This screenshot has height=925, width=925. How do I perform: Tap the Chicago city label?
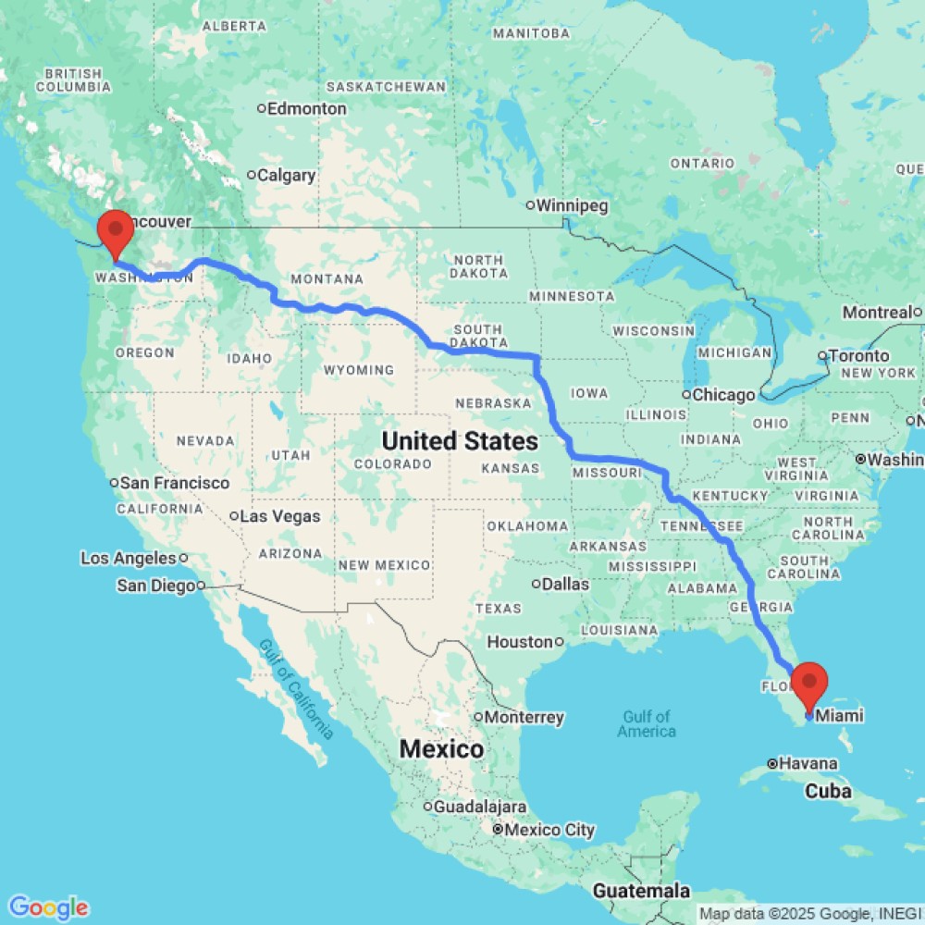tap(724, 395)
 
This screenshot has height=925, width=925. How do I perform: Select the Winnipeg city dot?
tap(531, 205)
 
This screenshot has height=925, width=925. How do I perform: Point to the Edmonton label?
tap(308, 108)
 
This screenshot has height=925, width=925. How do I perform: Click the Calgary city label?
tap(287, 175)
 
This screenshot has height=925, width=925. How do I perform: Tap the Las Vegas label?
tap(280, 516)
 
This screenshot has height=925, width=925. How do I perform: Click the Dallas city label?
tap(566, 584)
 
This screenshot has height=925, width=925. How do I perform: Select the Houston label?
tap(520, 642)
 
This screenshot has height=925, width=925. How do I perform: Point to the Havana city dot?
tap(772, 764)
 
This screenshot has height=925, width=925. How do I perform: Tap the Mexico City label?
tap(549, 830)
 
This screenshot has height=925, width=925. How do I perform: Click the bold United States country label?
tap(460, 440)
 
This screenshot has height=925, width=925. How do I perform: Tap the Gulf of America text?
tap(647, 723)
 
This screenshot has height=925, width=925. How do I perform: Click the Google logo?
tap(47, 907)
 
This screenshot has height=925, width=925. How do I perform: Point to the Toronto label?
tap(859, 355)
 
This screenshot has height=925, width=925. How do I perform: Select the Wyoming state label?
tap(360, 370)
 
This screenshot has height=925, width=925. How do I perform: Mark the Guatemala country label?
tap(643, 891)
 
